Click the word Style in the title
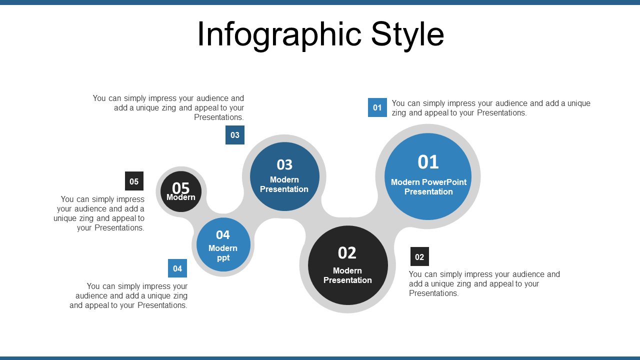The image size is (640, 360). pyautogui.click(x=407, y=35)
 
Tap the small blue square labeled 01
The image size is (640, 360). pyautogui.click(x=377, y=107)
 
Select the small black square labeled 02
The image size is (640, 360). pyautogui.click(x=419, y=256)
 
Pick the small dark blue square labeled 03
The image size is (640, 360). pyautogui.click(x=235, y=135)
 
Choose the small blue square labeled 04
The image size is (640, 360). pyautogui.click(x=177, y=268)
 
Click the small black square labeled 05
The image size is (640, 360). pyautogui.click(x=134, y=181)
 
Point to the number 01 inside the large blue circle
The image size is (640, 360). pyautogui.click(x=428, y=162)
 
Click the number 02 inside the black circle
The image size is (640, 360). pyautogui.click(x=347, y=253)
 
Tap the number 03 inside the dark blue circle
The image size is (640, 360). pyautogui.click(x=284, y=164)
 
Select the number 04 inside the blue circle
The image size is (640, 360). pyautogui.click(x=223, y=235)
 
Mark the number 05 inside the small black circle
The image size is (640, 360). pyautogui.click(x=181, y=187)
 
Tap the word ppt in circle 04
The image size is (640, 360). pyautogui.click(x=223, y=258)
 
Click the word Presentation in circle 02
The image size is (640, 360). pyautogui.click(x=347, y=280)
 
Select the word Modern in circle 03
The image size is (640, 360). pyautogui.click(x=284, y=179)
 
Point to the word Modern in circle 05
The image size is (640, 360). pyautogui.click(x=181, y=197)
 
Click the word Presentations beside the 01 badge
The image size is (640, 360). pyautogui.click(x=501, y=113)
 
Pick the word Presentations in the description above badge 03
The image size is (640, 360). pyautogui.click(x=219, y=117)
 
